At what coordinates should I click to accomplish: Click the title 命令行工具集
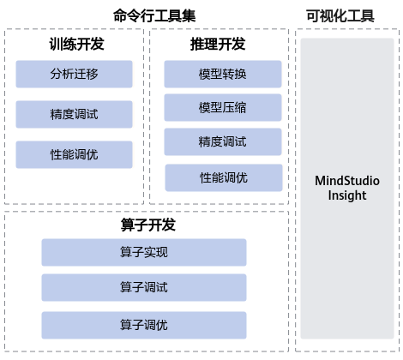(x=154, y=15)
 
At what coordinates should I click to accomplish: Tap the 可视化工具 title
(x=340, y=15)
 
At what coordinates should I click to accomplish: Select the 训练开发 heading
(x=76, y=44)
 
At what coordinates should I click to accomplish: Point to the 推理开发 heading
(x=218, y=44)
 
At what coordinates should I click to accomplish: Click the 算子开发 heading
(x=148, y=225)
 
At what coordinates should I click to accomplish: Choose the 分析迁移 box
(x=74, y=74)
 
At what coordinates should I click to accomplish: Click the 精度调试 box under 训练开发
(x=74, y=114)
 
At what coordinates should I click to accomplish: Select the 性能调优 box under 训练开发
(x=74, y=154)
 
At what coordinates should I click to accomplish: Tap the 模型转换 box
(x=223, y=74)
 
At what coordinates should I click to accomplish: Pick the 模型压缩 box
(x=223, y=107)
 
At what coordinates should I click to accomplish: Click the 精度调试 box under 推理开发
(x=223, y=141)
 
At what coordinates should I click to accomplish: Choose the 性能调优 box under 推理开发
(x=224, y=177)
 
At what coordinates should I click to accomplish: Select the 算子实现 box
(x=144, y=252)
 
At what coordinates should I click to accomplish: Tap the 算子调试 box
(x=144, y=287)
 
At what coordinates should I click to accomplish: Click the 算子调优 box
(x=144, y=325)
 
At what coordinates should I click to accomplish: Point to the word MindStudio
(x=347, y=181)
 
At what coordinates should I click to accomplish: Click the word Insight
(x=347, y=195)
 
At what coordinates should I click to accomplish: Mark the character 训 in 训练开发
(x=56, y=44)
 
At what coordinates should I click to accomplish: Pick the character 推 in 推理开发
(x=197, y=44)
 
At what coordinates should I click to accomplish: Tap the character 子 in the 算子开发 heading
(x=141, y=225)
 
